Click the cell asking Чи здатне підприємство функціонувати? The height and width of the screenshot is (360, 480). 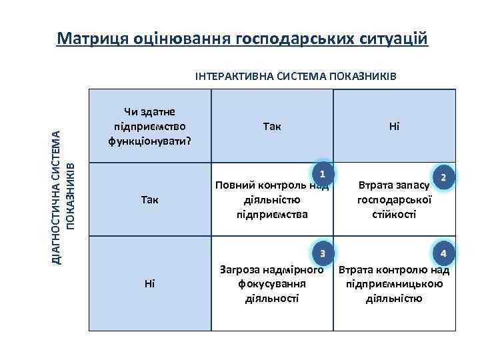pyautogui.click(x=150, y=126)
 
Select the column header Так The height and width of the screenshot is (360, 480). pyautogui.click(x=272, y=126)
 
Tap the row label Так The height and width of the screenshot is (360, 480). pyautogui.click(x=149, y=199)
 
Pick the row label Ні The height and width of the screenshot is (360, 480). pyautogui.click(x=149, y=283)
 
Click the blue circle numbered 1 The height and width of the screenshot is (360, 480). pyautogui.click(x=322, y=174)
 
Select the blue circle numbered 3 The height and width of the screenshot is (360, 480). pyautogui.click(x=322, y=253)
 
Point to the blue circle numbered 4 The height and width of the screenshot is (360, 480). pyautogui.click(x=443, y=253)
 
